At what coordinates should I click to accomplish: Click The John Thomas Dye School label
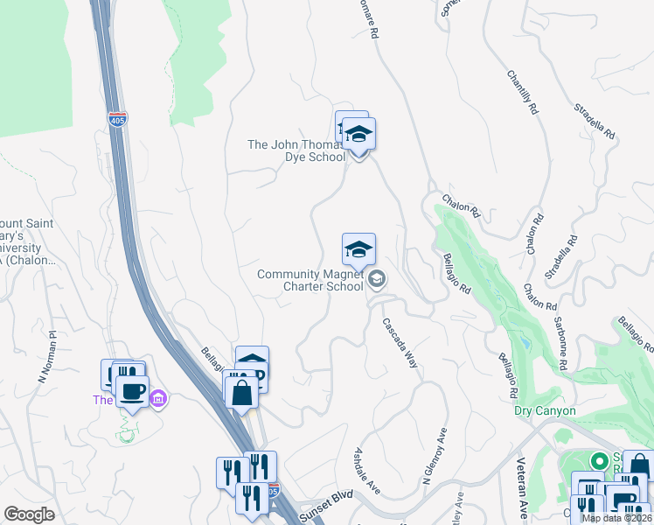click(x=296, y=150)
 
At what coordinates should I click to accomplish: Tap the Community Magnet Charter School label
click(x=310, y=280)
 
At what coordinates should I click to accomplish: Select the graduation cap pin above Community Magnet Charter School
click(x=358, y=251)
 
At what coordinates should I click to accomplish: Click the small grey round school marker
click(x=378, y=279)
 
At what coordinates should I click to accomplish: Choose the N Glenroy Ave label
click(x=435, y=456)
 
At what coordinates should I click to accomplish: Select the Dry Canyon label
click(x=545, y=410)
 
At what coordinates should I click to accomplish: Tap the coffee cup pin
click(x=132, y=391)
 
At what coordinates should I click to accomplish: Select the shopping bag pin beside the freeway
click(x=242, y=392)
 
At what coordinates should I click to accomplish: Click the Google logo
click(x=29, y=514)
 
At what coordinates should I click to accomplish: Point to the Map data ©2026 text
click(x=616, y=518)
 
